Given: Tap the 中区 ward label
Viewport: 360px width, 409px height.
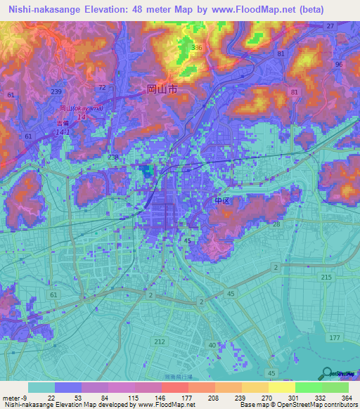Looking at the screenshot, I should pos(222,202).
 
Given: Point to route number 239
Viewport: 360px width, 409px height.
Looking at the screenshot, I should pos(57,91).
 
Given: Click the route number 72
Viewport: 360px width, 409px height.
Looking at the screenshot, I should pos(103,87).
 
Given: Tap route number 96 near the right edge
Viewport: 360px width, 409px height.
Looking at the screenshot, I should pos(339,65).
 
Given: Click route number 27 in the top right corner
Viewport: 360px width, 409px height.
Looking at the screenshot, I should pos(330,26).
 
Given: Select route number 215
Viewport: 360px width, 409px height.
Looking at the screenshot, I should pos(326,278).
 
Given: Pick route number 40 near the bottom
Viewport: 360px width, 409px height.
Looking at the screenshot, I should pos(212,344).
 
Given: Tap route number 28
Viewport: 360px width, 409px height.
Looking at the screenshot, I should pos(276,224).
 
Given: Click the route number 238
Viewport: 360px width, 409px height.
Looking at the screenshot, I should pos(112,157).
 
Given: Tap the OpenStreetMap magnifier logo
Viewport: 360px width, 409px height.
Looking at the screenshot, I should pos(326,374).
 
